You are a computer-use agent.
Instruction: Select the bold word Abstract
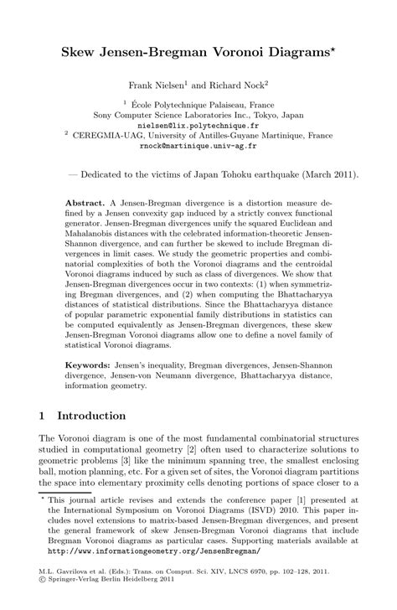84,204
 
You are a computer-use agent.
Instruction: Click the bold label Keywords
89,367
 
